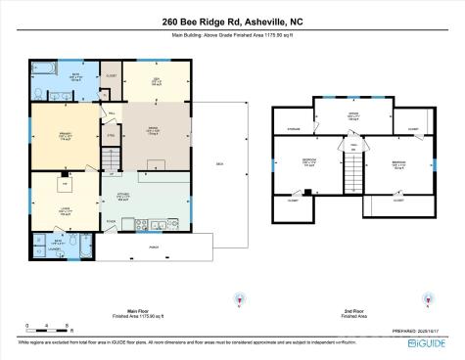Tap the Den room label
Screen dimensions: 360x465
(x=156, y=81)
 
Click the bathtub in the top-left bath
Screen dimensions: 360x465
(x=46, y=68)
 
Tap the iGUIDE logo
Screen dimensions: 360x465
(x=428, y=343)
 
